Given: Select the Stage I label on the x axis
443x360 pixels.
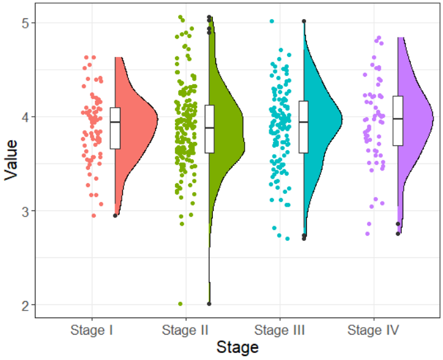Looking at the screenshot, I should pyautogui.click(x=93, y=330).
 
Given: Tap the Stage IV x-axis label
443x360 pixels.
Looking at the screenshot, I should pyautogui.click(x=374, y=330).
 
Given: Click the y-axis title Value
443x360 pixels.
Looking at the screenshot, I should pyautogui.click(x=10, y=164).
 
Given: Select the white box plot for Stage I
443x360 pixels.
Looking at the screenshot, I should pyautogui.click(x=115, y=128).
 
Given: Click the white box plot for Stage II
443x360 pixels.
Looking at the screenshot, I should pyautogui.click(x=209, y=129).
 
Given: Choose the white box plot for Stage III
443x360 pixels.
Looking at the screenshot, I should pyautogui.click(x=304, y=127).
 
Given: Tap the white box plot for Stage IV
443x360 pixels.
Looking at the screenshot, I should pyautogui.click(x=398, y=120).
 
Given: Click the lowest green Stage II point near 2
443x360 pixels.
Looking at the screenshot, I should pyautogui.click(x=181, y=304).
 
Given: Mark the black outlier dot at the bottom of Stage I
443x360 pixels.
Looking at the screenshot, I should pyautogui.click(x=115, y=215).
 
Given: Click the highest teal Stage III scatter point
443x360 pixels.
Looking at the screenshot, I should pyautogui.click(x=272, y=22).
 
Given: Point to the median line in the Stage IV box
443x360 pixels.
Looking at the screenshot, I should pyautogui.click(x=398, y=119).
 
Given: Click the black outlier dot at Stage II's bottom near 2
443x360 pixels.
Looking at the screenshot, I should pyautogui.click(x=209, y=304).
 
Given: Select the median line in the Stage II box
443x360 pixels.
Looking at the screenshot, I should pyautogui.click(x=209, y=127).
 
